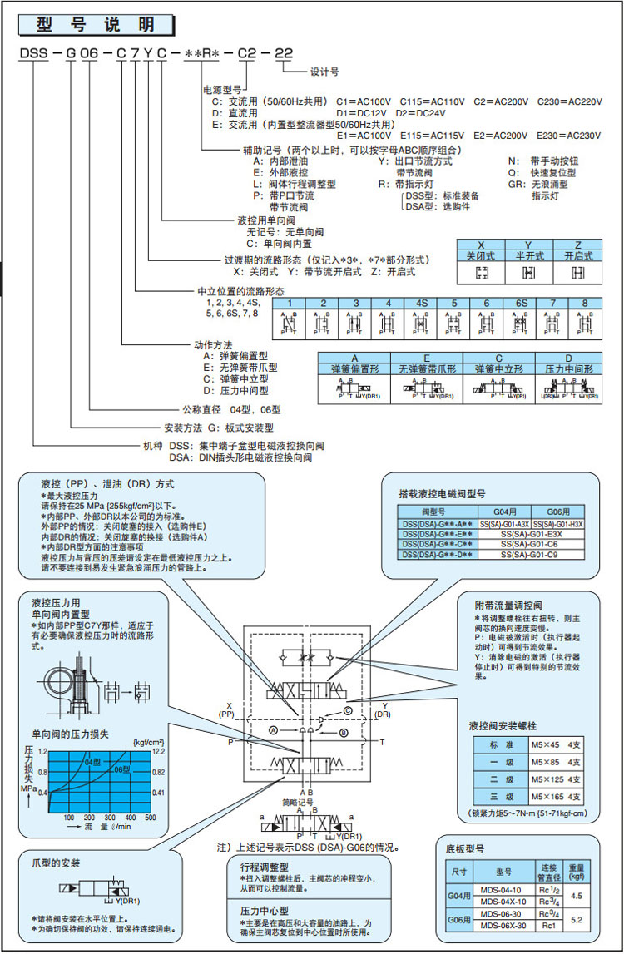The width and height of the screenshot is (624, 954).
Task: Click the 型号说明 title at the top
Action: [97, 25]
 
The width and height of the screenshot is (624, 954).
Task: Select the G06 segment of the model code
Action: [83, 56]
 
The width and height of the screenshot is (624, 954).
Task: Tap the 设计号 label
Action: [324, 72]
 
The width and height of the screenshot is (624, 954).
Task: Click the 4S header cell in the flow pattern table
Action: [421, 303]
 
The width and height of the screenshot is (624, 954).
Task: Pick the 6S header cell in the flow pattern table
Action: [522, 303]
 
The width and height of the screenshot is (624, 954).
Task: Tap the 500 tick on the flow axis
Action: [151, 818]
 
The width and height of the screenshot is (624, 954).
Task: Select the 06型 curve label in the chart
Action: [122, 769]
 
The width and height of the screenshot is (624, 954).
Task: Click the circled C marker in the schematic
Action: [348, 709]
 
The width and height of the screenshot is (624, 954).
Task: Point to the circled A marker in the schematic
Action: [273, 729]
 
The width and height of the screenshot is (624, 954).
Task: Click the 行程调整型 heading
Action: [262, 866]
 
